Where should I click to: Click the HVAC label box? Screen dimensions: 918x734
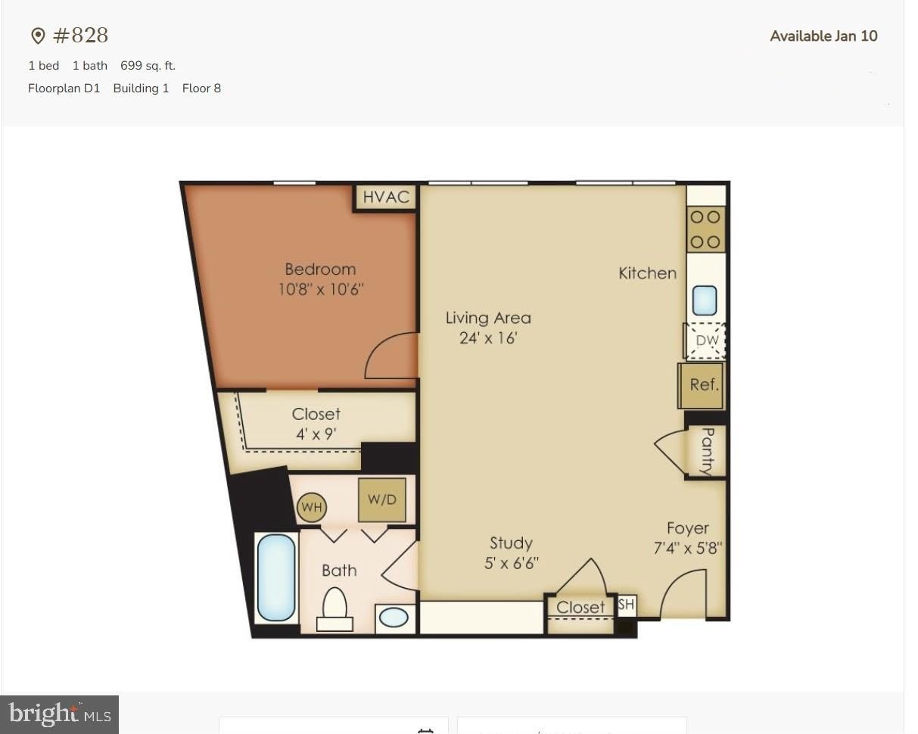click(x=386, y=197)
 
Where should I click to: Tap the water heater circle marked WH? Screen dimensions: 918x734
click(x=311, y=507)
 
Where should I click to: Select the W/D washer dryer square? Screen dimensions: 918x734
click(x=381, y=500)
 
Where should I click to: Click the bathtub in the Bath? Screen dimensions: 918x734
click(x=276, y=577)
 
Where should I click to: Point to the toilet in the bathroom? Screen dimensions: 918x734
click(x=335, y=610)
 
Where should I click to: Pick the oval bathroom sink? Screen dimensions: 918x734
click(x=394, y=618)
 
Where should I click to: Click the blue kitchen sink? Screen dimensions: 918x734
click(x=705, y=300)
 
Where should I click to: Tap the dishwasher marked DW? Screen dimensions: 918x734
click(x=705, y=341)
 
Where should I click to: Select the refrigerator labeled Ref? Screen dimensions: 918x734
click(x=701, y=385)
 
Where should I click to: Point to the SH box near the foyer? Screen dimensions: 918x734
click(x=626, y=605)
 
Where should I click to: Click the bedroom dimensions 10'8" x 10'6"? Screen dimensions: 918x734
click(x=321, y=289)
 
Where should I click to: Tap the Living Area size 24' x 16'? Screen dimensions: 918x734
click(x=488, y=338)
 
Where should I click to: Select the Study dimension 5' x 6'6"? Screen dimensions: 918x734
click(x=512, y=564)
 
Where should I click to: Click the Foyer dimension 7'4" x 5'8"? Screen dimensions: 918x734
click(x=688, y=548)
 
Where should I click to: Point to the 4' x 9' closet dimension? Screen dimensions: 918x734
click(x=316, y=434)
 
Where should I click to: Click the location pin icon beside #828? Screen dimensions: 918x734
click(x=38, y=36)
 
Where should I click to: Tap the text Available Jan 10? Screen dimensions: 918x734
click(x=823, y=36)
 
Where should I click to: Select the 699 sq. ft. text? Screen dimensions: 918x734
click(x=148, y=66)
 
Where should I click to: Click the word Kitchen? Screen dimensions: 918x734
click(x=648, y=273)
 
